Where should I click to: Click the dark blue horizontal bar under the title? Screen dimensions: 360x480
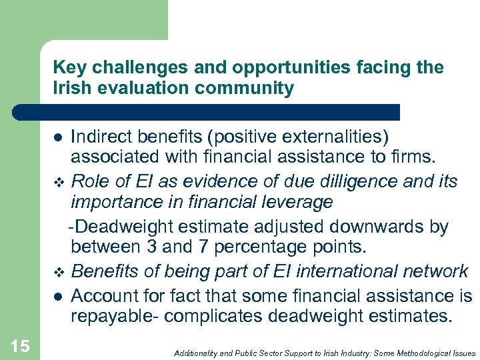tap(207, 112)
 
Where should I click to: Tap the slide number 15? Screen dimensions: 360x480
tap(20, 345)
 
